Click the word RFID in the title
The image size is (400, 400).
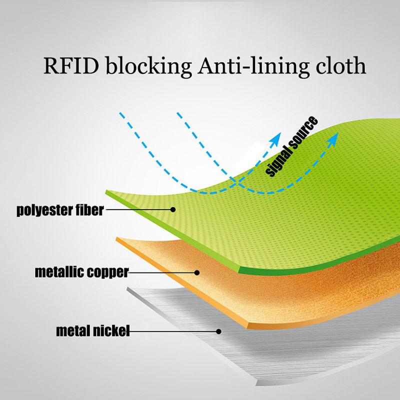(x=71, y=66)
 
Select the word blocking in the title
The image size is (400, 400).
(x=148, y=66)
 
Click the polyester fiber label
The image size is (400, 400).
(x=60, y=210)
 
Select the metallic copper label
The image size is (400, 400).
(x=82, y=272)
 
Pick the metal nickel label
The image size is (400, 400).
(x=93, y=331)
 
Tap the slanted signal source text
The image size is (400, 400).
(x=292, y=146)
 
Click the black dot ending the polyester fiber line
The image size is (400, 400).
(x=173, y=209)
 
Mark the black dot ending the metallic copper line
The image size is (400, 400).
(x=196, y=272)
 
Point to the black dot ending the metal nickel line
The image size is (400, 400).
(x=218, y=331)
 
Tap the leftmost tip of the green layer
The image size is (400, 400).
(x=105, y=190)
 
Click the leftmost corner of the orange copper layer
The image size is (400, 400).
(x=116, y=238)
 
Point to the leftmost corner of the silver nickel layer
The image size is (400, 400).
(x=127, y=288)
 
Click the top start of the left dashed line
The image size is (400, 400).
(x=120, y=113)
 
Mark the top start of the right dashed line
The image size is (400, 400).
(x=177, y=113)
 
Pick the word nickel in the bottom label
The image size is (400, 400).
(x=111, y=331)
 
